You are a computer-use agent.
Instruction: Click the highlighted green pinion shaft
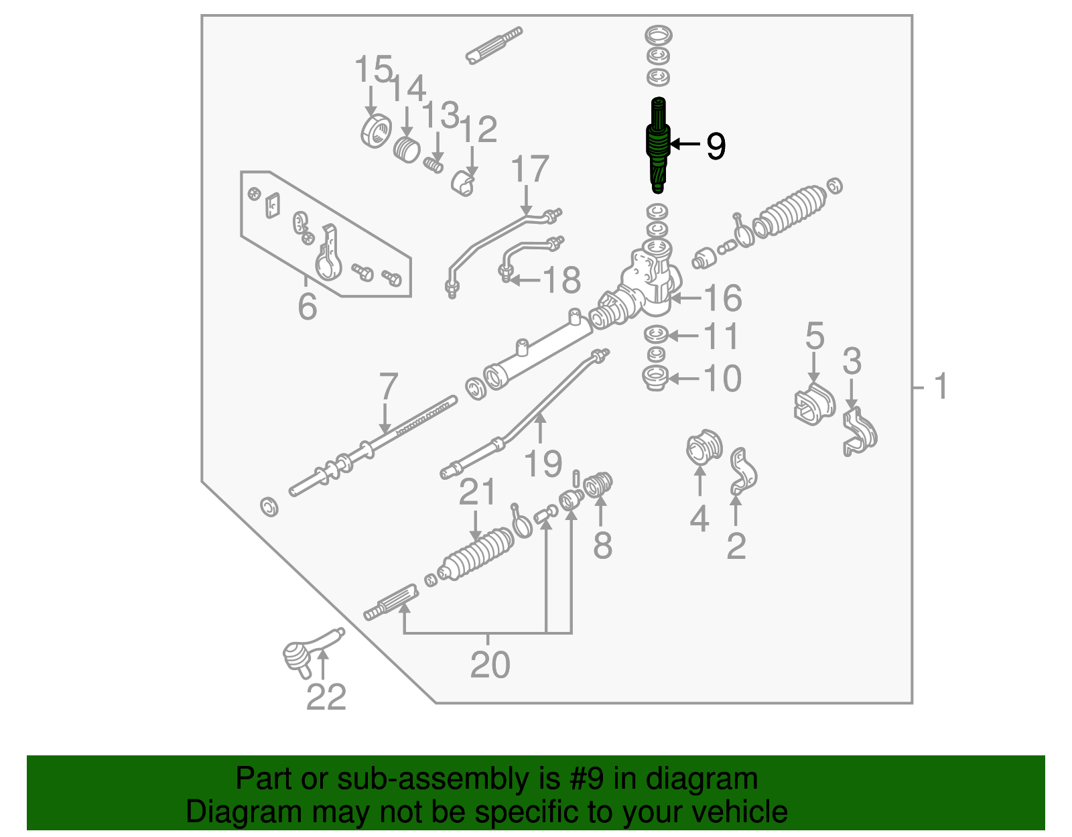tap(658, 145)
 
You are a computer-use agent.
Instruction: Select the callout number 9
tap(716, 145)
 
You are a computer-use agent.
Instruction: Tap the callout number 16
tap(722, 298)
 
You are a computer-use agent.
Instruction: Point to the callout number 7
tap(388, 387)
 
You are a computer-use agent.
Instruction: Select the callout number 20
tap(490, 665)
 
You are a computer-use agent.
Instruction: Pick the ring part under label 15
tap(376, 130)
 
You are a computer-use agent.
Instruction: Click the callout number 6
tap(307, 306)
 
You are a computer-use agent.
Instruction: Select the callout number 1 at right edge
tap(941, 387)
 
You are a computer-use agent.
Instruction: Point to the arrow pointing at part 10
tap(684, 379)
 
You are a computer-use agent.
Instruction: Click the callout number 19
tap(543, 464)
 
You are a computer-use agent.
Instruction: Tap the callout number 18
tap(561, 280)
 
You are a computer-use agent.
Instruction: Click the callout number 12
tap(478, 129)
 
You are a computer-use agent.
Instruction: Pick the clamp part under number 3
tap(859, 433)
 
